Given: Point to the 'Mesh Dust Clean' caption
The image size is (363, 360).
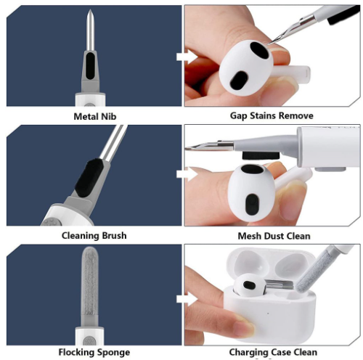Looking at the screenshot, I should point(274,235).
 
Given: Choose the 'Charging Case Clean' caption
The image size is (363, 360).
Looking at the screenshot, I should point(273,353).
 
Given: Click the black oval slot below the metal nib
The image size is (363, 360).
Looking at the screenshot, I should point(90,70).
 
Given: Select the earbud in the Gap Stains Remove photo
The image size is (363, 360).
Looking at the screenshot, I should point(242,70).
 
